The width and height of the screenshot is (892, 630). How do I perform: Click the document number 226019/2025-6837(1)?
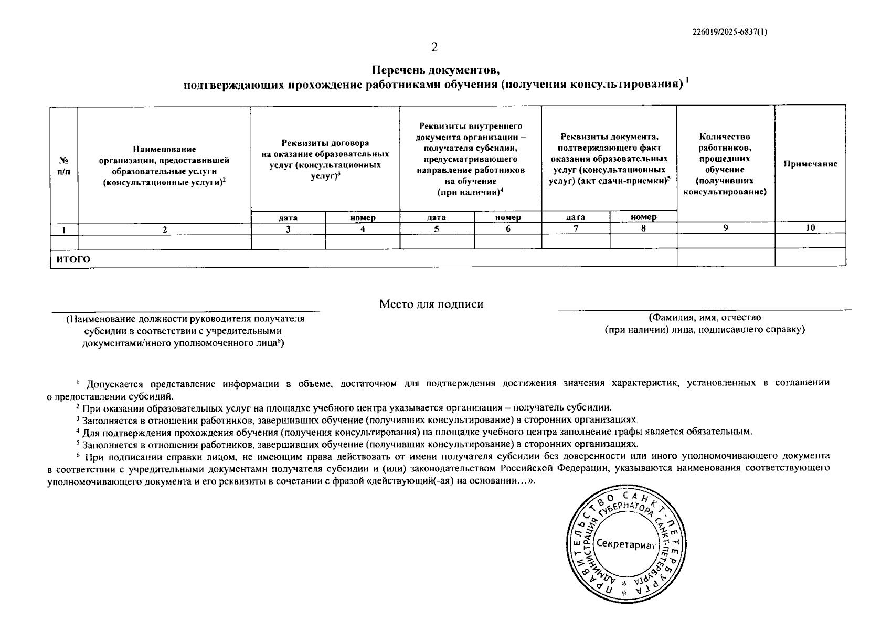tap(730, 32)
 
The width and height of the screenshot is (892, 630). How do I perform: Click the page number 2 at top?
tap(434, 47)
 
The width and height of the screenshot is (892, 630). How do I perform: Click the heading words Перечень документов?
tap(435, 70)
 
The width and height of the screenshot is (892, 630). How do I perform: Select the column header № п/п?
tap(64, 165)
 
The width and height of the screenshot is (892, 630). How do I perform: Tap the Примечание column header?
tap(810, 164)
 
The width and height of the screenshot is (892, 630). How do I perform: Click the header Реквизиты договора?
tap(325, 143)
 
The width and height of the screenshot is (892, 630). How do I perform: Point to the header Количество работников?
tap(725, 142)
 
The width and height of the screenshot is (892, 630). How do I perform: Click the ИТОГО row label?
tap(74, 259)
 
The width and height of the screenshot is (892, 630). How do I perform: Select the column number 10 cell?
tap(810, 228)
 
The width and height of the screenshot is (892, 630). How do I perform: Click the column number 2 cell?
tap(164, 229)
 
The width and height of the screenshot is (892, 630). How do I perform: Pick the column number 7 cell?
tap(576, 228)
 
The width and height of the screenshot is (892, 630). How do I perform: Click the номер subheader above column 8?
tap(643, 217)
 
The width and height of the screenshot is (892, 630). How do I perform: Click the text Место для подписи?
tap(431, 304)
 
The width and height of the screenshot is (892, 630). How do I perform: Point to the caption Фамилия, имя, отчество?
tap(705, 318)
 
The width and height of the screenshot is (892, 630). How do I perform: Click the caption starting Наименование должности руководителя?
tap(185, 319)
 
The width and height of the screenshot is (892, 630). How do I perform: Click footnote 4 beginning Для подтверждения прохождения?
tap(415, 432)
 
